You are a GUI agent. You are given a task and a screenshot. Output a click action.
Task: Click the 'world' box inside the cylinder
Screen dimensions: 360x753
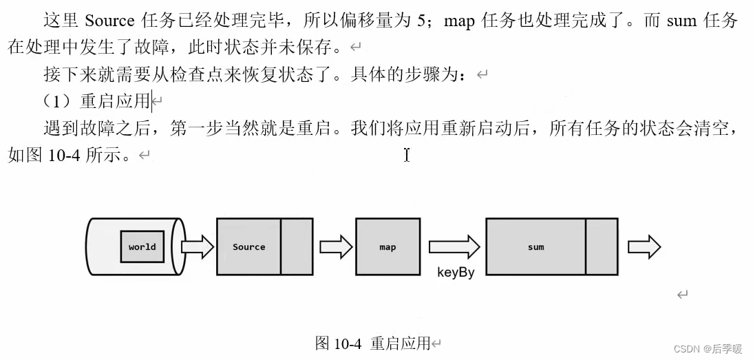tap(142, 246)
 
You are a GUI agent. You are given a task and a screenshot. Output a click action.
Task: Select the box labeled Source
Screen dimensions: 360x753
tap(248, 246)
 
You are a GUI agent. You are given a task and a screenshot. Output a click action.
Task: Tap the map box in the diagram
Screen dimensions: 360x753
tap(388, 246)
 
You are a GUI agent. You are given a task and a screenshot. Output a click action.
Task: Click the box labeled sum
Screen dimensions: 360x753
tap(535, 246)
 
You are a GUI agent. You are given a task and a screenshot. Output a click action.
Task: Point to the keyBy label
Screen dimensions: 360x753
tap(456, 272)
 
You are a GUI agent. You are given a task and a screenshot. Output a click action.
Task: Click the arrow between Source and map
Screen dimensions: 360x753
tap(335, 246)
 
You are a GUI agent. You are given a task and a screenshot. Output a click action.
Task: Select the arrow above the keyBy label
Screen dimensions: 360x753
tap(454, 246)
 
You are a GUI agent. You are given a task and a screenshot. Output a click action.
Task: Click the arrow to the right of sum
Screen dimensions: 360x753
tap(644, 246)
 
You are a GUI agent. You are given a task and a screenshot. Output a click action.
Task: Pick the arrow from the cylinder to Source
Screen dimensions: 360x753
tap(197, 246)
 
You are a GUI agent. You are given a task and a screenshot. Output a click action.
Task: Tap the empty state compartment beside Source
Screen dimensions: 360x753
tap(297, 246)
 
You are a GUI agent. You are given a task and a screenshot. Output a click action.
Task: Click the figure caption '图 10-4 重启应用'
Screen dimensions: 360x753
tap(372, 343)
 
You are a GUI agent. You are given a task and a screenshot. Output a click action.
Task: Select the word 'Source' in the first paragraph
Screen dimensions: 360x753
tap(109, 21)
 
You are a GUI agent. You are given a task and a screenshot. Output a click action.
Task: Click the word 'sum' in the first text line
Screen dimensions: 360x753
tap(681, 21)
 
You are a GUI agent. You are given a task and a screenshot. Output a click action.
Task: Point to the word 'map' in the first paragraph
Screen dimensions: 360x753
tap(459, 21)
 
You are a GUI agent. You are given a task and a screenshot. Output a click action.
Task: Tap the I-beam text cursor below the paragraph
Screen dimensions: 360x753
tap(407, 155)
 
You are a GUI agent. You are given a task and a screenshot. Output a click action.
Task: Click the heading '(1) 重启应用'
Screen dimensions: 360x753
tap(96, 101)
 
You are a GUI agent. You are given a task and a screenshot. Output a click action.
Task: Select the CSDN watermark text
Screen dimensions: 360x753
tap(708, 349)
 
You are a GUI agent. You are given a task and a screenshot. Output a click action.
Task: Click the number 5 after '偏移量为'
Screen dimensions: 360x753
tap(421, 21)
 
